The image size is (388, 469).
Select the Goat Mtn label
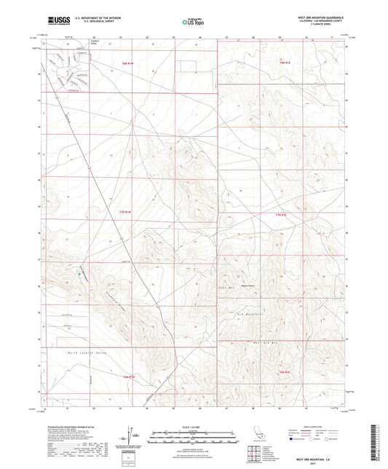tap(224, 288)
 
